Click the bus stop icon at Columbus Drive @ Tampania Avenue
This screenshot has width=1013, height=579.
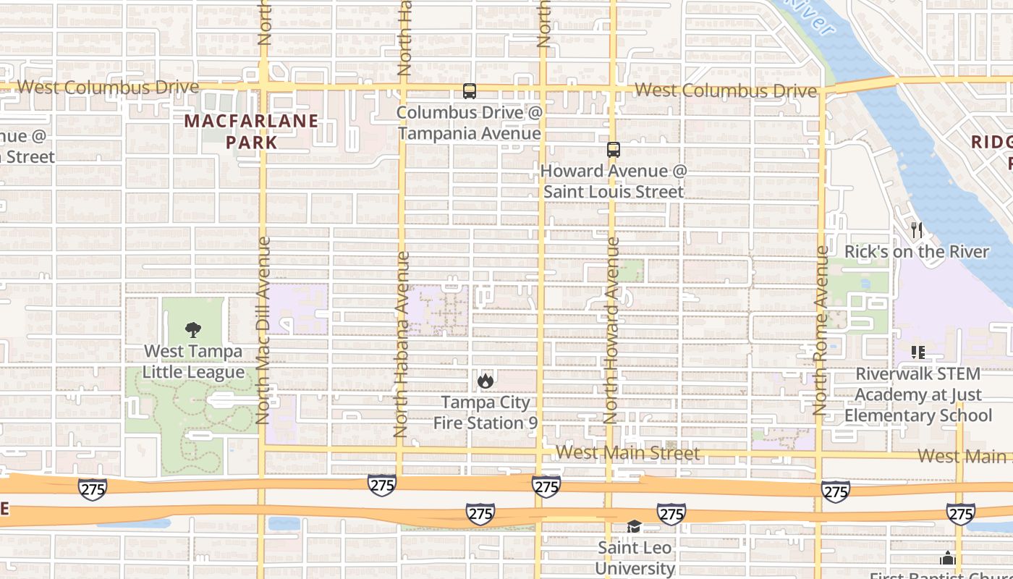click(470, 91)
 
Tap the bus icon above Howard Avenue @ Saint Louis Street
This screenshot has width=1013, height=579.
click(614, 150)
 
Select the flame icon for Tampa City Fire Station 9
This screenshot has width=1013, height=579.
click(486, 381)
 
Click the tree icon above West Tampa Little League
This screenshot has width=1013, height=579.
click(192, 331)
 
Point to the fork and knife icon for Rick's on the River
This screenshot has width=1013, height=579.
click(917, 230)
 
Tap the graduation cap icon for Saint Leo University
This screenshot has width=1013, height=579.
click(635, 526)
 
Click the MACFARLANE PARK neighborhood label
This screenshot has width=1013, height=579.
click(251, 131)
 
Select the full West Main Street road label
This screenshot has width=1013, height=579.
click(627, 454)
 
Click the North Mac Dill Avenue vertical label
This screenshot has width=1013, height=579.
click(263, 330)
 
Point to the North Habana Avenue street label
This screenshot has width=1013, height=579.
click(402, 344)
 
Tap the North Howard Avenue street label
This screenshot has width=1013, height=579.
click(612, 330)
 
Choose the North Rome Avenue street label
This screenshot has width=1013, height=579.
click(821, 330)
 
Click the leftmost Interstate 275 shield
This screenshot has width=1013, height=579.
click(93, 489)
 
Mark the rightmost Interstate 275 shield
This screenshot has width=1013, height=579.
click(960, 514)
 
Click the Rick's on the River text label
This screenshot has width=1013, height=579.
click(917, 252)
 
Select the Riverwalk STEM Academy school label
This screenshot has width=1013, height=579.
click(918, 394)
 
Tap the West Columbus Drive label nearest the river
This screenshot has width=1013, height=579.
click(726, 91)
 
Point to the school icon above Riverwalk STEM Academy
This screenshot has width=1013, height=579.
click(918, 352)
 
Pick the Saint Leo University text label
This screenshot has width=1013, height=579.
click(635, 557)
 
